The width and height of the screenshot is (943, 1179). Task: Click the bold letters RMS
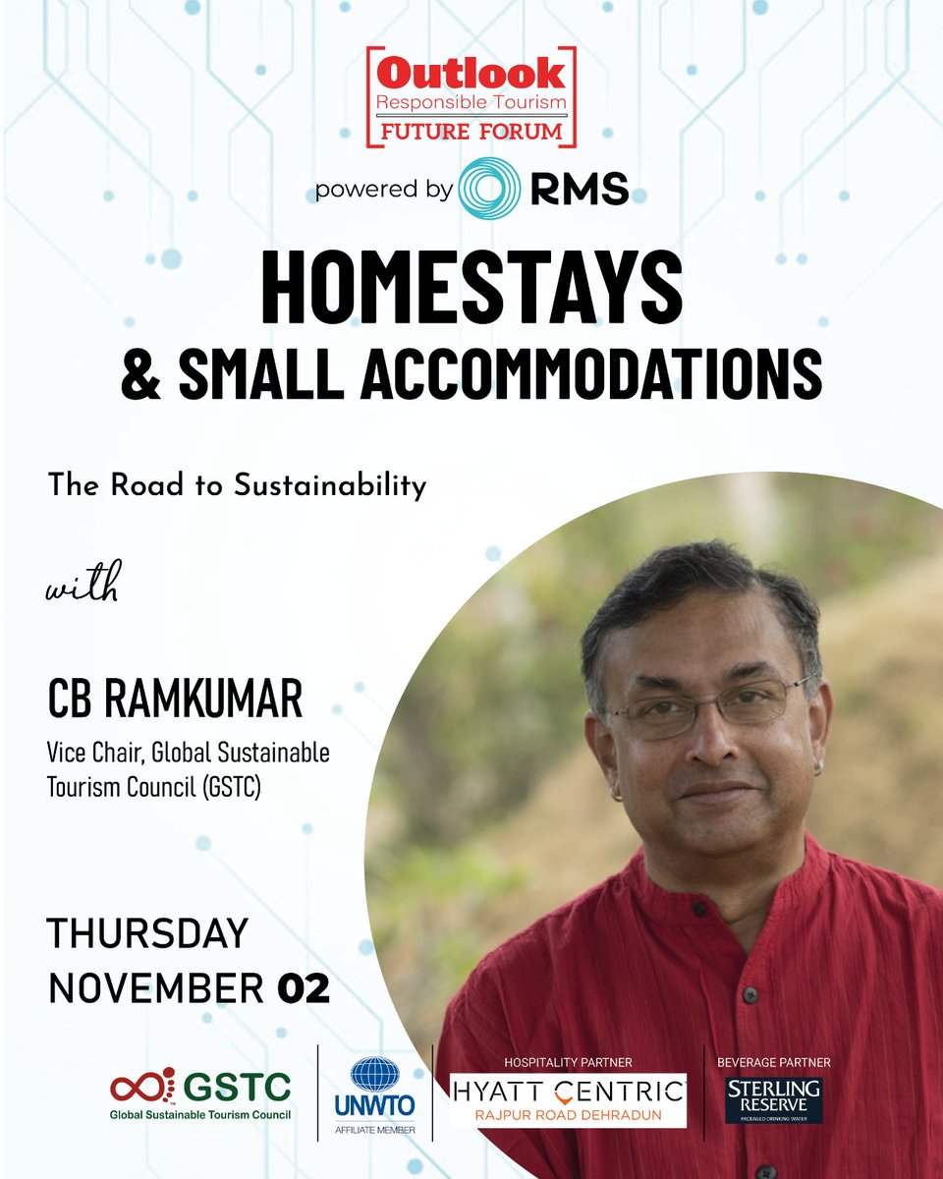pos(579,189)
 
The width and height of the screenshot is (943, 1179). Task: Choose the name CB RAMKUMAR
pos(176,702)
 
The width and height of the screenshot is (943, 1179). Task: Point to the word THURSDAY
pos(147,933)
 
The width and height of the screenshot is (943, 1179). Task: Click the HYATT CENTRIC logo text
pos(568,1090)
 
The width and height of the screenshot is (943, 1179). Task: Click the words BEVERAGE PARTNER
pos(773,1062)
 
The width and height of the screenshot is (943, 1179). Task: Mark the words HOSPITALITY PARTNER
pos(568,1062)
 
